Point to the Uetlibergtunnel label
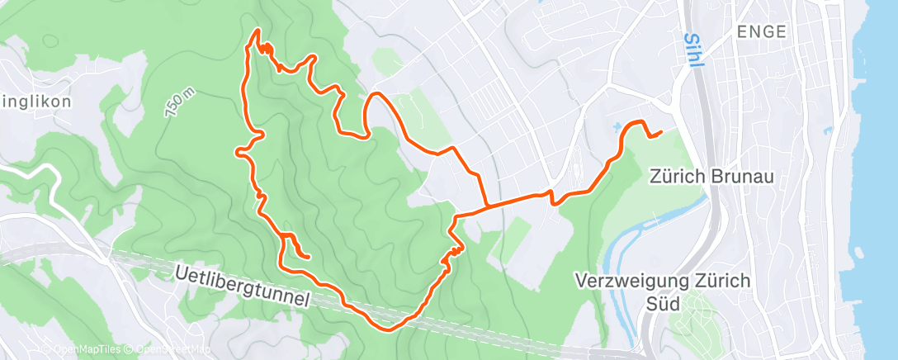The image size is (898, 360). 243,286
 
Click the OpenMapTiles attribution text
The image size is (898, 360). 83,348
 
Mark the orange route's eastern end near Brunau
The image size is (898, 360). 661,132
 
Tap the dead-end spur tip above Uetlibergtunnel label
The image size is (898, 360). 308,257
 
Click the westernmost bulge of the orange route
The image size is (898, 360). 238,151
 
